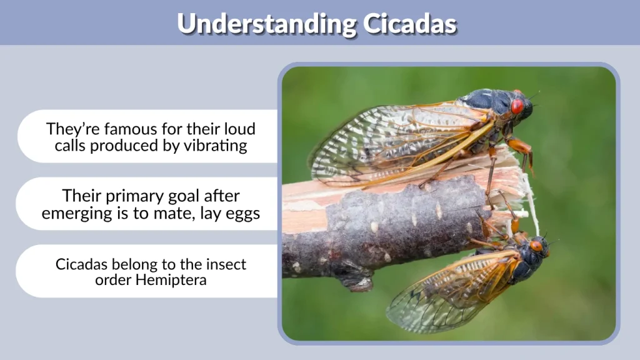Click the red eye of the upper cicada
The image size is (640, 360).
[517, 107]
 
